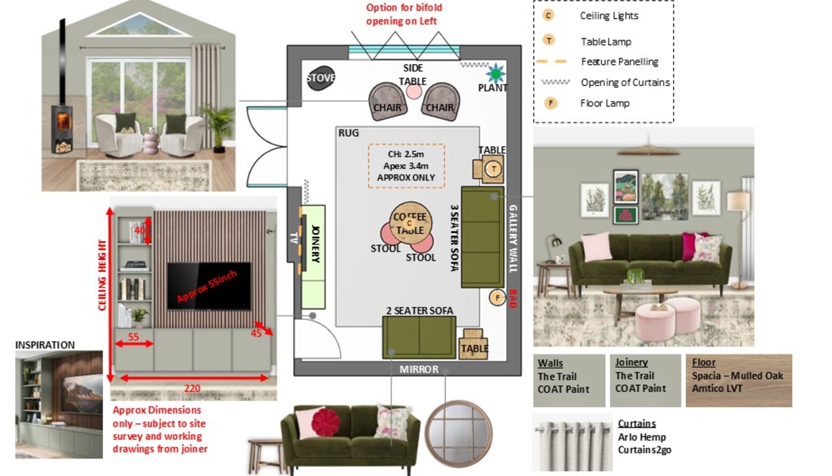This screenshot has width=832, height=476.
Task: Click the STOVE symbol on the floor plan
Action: tap(321, 78)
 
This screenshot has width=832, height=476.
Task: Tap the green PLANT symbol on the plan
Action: tap(495, 73)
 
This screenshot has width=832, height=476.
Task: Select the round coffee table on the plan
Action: tap(410, 223)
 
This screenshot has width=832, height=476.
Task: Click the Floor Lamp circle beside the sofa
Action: tap(497, 297)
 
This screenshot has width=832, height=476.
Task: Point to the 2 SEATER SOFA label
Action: tap(420, 311)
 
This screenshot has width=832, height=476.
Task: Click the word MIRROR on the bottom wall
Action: tap(419, 370)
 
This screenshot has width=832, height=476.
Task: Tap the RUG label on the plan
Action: tap(349, 133)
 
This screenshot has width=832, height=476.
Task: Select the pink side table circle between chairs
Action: tap(414, 91)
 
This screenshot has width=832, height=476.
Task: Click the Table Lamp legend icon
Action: tap(549, 41)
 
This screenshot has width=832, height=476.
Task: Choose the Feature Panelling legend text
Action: tap(619, 62)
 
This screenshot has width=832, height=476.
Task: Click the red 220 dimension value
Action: tap(192, 388)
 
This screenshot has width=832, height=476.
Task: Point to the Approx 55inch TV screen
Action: tap(209, 286)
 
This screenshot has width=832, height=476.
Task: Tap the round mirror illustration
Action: tap(459, 433)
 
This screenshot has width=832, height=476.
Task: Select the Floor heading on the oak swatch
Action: tap(703, 362)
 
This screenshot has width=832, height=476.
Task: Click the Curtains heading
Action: tap(636, 424)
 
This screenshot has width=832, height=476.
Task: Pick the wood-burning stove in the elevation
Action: tap(63, 128)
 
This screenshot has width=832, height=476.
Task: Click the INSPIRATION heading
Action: tap(45, 345)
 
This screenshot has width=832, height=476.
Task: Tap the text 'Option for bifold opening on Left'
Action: tap(404, 14)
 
